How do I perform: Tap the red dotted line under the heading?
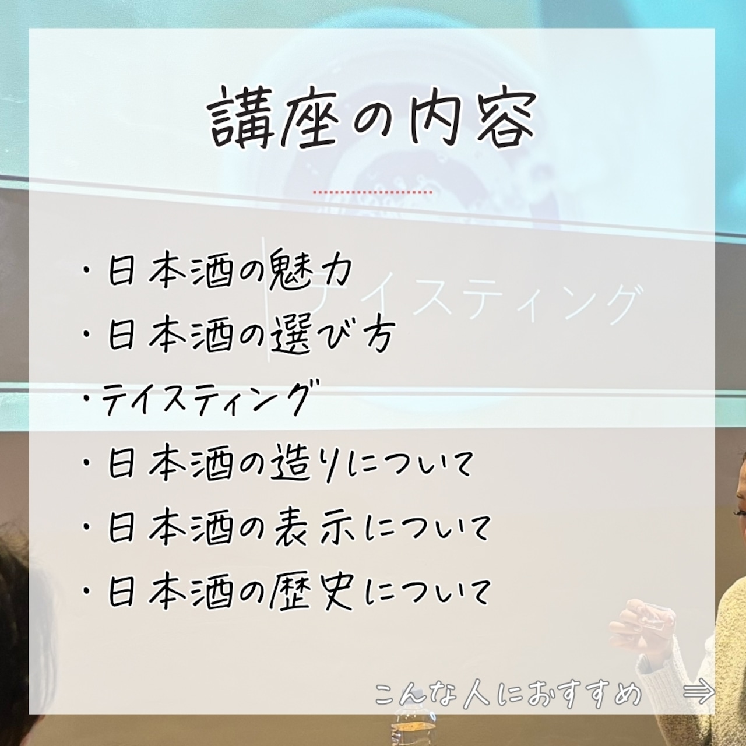(x=372, y=192)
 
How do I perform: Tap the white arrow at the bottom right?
(x=699, y=692)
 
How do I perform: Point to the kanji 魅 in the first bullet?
(x=288, y=270)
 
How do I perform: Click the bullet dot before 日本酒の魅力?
(x=86, y=272)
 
